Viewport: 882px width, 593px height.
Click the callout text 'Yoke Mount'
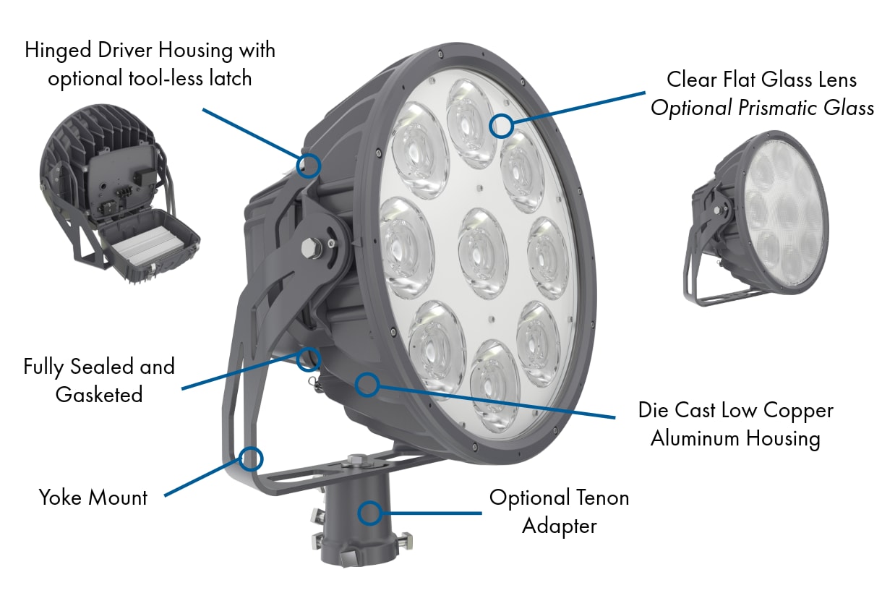(93, 498)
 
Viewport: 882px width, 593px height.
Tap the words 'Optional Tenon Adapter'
(559, 511)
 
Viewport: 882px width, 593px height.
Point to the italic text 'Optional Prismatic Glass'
(762, 108)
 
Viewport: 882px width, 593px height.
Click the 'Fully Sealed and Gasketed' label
(99, 380)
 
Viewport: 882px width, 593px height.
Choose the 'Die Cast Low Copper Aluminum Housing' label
(735, 425)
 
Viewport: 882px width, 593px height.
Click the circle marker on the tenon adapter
(370, 513)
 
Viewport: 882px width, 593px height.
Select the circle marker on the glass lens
(500, 125)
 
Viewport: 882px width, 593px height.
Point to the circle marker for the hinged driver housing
(309, 165)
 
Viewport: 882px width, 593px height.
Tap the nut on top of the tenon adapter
(357, 459)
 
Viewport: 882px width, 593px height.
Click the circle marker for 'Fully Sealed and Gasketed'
(309, 357)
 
